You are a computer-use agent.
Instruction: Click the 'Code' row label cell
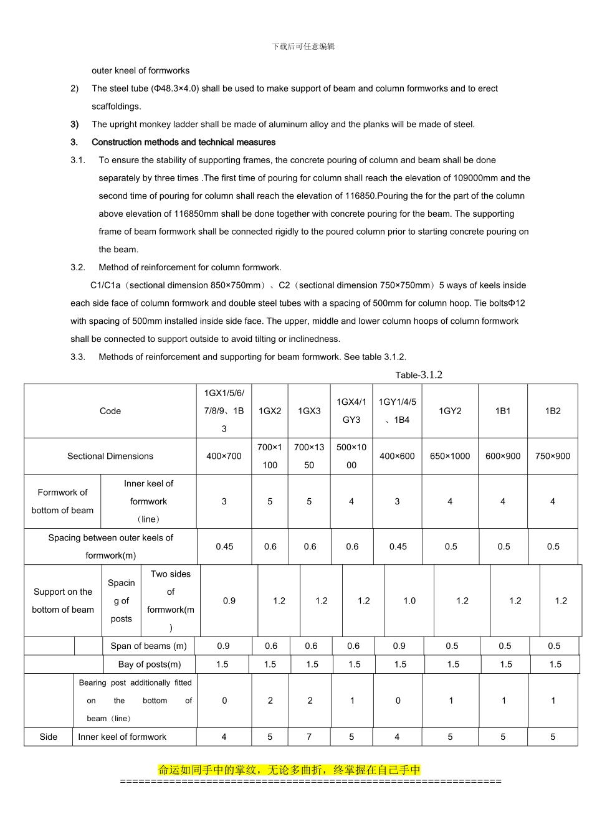click(x=110, y=411)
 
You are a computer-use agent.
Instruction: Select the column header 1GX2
click(x=270, y=411)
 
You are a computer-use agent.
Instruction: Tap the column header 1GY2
click(x=450, y=411)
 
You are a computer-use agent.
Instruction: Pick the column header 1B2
click(x=553, y=411)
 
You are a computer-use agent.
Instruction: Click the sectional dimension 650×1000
click(x=450, y=456)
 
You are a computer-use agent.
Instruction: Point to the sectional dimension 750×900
click(x=553, y=456)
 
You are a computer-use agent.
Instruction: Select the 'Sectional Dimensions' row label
click(x=110, y=456)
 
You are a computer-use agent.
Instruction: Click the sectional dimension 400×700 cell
click(x=224, y=456)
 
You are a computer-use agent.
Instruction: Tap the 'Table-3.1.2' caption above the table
click(x=419, y=375)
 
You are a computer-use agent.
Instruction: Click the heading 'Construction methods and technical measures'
click(x=183, y=142)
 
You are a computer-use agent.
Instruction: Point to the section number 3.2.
click(x=78, y=267)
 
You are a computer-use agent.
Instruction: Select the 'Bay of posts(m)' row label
click(x=150, y=664)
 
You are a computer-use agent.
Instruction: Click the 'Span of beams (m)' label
click(x=148, y=646)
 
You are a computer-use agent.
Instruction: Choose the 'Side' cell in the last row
click(x=49, y=737)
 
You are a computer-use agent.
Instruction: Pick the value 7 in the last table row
click(x=309, y=737)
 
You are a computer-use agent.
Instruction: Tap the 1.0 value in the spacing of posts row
click(x=409, y=601)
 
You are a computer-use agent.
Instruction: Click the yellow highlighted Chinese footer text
click(x=290, y=770)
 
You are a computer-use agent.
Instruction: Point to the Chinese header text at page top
click(x=303, y=47)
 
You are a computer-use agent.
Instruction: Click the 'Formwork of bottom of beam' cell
click(x=62, y=501)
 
